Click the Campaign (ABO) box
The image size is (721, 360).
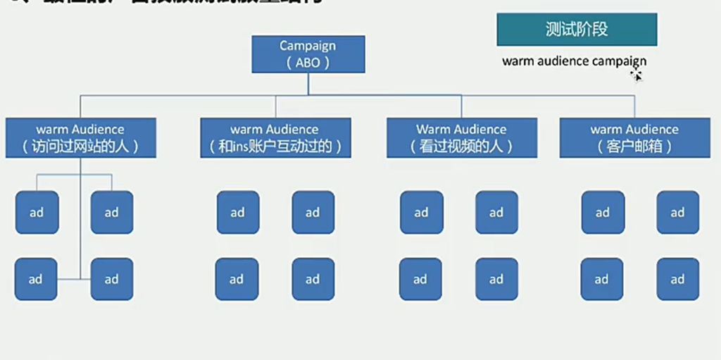point(308,54)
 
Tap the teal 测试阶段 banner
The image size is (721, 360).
point(577,30)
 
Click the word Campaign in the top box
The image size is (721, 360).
point(308,46)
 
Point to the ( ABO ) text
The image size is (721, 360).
point(308,63)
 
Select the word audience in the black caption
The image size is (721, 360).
point(560,61)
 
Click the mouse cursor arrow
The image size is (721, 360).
point(637,75)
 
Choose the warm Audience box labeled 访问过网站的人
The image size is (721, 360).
point(80,137)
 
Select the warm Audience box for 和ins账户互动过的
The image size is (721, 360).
point(275,137)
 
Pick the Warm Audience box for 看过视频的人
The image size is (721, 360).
point(461,137)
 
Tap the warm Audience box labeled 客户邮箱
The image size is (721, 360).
point(634,137)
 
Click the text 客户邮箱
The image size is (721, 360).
point(634,147)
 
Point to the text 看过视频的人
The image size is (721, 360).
point(461,147)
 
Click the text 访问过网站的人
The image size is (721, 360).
point(80,147)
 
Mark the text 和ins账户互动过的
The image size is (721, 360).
point(275,147)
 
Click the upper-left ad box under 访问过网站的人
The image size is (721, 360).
point(37,212)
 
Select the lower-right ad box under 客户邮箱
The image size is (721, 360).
point(677,280)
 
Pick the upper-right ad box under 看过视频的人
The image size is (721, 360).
point(496,212)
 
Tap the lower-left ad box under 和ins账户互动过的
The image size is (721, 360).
point(237,280)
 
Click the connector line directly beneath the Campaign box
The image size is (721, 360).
point(308,83)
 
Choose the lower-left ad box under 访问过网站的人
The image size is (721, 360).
point(36,280)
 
